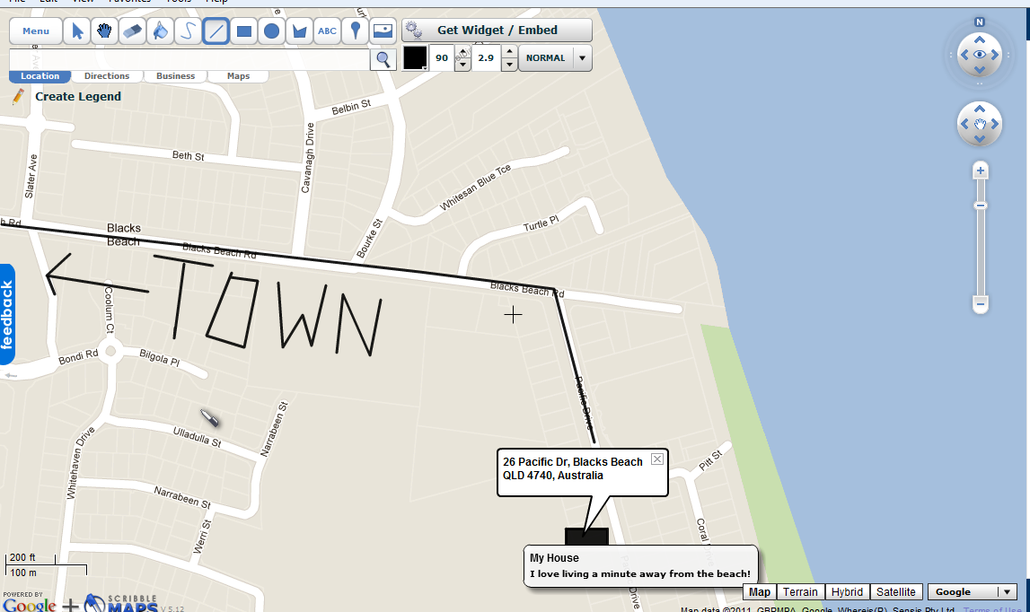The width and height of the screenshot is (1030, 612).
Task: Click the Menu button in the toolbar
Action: [36, 31]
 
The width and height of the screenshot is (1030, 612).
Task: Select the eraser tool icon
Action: [131, 31]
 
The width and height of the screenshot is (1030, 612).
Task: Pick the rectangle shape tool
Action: [243, 31]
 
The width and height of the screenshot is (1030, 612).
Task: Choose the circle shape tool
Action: [271, 31]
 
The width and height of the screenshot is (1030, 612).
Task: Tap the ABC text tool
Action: [327, 31]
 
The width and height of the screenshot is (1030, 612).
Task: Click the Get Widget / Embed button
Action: [497, 31]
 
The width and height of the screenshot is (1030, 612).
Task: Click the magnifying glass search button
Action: [383, 59]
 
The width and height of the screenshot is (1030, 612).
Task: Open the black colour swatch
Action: [415, 58]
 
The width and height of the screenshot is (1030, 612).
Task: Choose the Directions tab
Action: [107, 76]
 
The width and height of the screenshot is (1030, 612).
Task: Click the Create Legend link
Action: [77, 97]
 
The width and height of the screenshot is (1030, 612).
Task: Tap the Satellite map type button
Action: [895, 592]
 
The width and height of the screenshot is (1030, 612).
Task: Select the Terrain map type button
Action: [800, 592]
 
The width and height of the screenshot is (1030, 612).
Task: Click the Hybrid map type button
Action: [847, 592]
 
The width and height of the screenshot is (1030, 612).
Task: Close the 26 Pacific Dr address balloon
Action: [656, 459]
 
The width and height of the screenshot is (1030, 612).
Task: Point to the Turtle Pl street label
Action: [541, 223]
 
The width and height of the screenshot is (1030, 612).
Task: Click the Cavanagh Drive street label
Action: [306, 159]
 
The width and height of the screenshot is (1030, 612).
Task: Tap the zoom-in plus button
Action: [981, 170]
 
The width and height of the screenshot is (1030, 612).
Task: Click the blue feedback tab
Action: [7, 314]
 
